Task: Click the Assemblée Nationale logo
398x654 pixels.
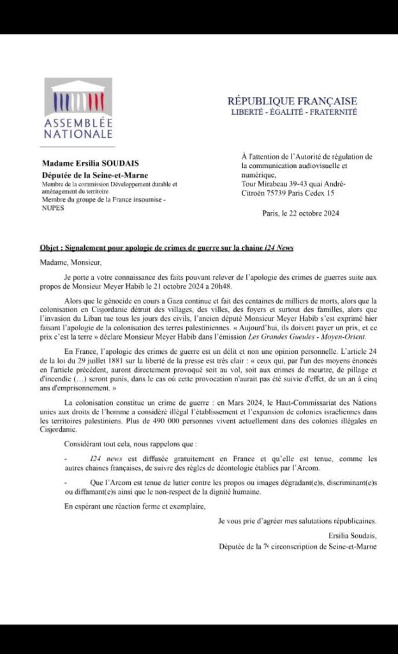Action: pos(78,109)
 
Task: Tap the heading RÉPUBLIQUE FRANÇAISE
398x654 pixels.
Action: pos(293,101)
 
